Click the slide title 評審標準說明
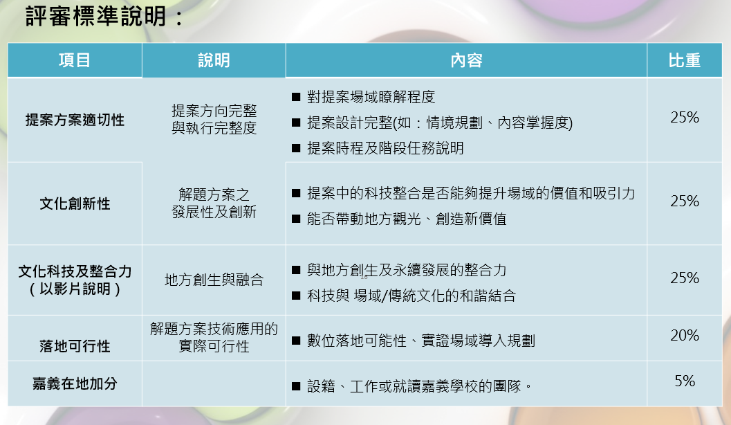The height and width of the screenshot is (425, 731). click(x=104, y=17)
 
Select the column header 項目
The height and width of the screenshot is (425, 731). click(x=75, y=61)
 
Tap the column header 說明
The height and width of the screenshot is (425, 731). click(x=214, y=61)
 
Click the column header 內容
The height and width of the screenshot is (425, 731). click(x=466, y=61)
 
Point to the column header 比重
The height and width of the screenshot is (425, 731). click(x=685, y=61)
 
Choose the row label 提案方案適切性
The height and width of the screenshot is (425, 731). click(x=75, y=120)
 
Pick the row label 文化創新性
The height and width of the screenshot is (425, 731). click(x=75, y=204)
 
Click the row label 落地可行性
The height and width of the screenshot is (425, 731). click(x=75, y=346)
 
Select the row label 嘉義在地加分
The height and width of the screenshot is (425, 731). click(x=75, y=383)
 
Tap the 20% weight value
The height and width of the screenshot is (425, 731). click(x=685, y=336)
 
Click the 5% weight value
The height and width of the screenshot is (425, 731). click(x=685, y=381)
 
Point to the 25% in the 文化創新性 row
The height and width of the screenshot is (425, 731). click(x=685, y=201)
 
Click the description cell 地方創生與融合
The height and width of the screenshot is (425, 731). click(x=214, y=280)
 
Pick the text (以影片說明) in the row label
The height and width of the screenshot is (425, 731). click(x=75, y=289)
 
